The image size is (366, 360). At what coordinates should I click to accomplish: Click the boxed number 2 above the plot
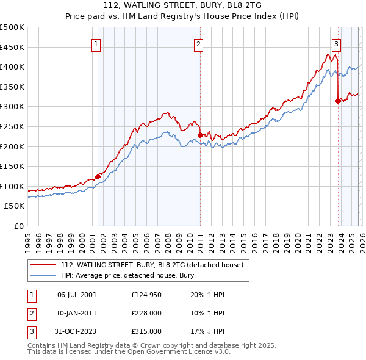199,43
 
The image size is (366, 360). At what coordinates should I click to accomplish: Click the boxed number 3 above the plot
336,43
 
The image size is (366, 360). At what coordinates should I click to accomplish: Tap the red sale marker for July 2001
98,176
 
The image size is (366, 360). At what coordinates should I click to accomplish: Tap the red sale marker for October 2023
338,101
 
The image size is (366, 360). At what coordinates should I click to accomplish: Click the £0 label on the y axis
19,226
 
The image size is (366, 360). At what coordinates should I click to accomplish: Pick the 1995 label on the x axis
28,238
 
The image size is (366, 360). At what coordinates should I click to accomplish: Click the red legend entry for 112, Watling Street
152,265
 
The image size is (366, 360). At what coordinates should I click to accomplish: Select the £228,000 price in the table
146,313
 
